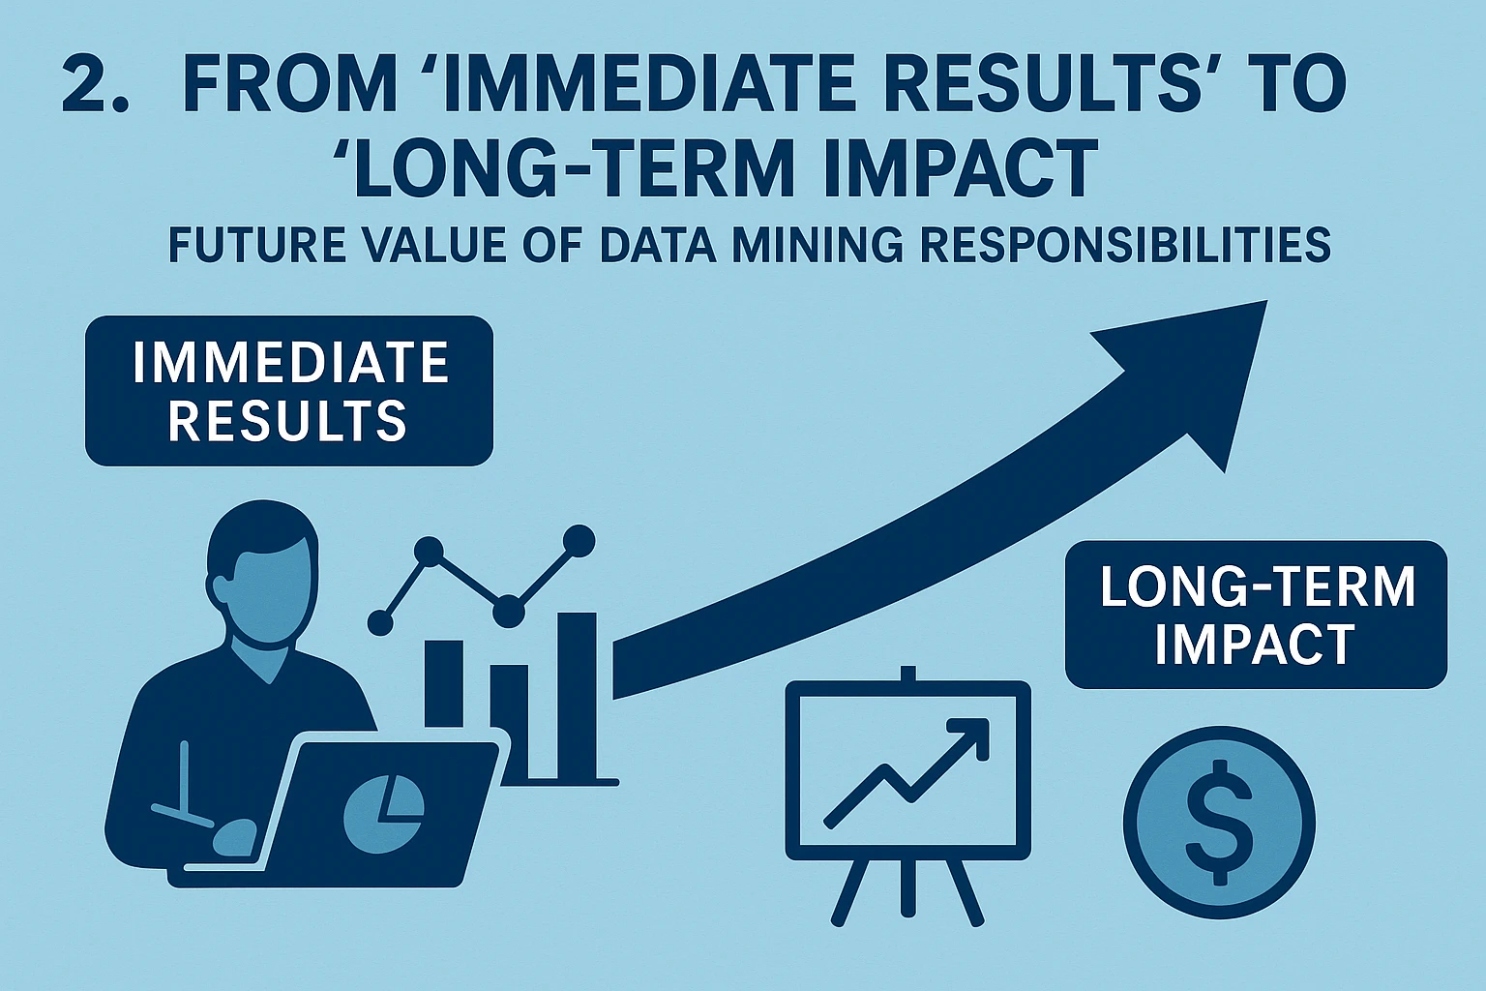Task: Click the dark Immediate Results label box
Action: pyautogui.click(x=289, y=391)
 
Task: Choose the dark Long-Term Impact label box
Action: pyautogui.click(x=1256, y=615)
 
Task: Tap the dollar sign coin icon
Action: pyautogui.click(x=1219, y=823)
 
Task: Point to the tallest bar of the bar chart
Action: pyautogui.click(x=577, y=695)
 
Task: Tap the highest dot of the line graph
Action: pyautogui.click(x=579, y=542)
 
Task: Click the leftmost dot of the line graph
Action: pyautogui.click(x=380, y=622)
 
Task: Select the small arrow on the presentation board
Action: pyautogui.click(x=906, y=772)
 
